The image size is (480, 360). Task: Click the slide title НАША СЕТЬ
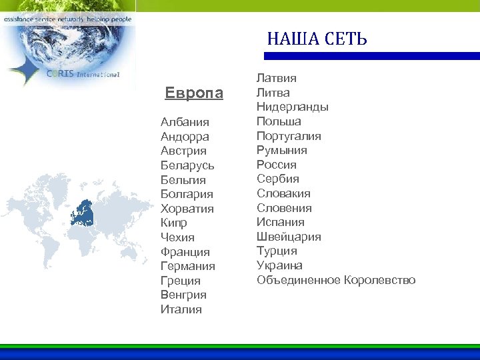[317, 39]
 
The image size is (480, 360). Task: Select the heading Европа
[194, 93]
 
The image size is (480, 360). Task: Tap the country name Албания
[185, 122]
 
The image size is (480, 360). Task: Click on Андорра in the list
[185, 137]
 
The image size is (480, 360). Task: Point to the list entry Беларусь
[187, 165]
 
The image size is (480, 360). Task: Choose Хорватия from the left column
[187, 209]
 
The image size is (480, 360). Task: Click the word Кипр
[174, 223]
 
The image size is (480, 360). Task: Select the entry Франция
[185, 252]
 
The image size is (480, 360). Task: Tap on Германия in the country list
[188, 266]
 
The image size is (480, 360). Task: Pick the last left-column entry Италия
[181, 309]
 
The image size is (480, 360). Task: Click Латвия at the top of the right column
[277, 79]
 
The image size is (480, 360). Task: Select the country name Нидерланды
[293, 107]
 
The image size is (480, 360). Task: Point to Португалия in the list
[289, 136]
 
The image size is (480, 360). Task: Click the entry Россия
[277, 165]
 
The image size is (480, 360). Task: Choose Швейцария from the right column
[289, 237]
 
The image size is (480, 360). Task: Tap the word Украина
[279, 265]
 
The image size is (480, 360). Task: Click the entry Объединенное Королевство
[336, 280]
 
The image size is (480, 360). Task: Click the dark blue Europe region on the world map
[83, 212]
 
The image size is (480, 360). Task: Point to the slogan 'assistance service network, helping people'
[67, 19]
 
